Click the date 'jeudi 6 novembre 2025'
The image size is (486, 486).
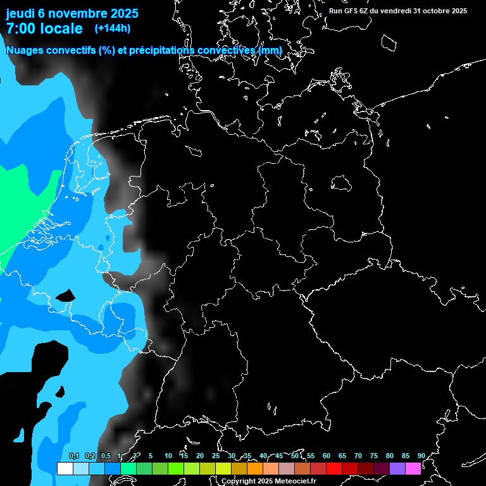[x=72, y=13]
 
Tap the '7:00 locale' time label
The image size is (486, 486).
[x=44, y=28]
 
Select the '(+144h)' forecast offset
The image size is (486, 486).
[x=112, y=28]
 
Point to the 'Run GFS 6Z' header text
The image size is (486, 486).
[x=354, y=11]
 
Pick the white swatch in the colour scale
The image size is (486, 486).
[x=65, y=468]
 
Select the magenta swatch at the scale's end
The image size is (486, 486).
[x=413, y=468]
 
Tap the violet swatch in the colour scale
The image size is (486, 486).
[x=397, y=468]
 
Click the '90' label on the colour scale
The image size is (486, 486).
[x=421, y=456]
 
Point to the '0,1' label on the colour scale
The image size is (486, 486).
[x=73, y=456]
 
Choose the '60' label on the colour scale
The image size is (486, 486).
[x=326, y=456]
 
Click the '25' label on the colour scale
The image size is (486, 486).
[x=215, y=456]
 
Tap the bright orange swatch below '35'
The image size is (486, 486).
[x=255, y=468]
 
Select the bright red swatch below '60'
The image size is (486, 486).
[x=334, y=468]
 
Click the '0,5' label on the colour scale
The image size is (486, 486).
[x=105, y=456]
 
